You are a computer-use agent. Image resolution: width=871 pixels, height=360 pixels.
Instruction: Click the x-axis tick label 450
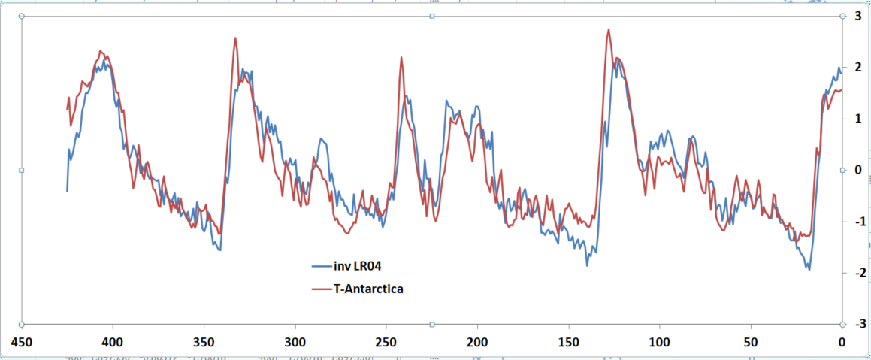22,343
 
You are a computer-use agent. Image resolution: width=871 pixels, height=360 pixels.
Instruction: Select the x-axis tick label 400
113,343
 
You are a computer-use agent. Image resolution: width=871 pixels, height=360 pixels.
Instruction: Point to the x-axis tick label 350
204,343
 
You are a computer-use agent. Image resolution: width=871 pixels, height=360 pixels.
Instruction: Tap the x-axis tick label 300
295,343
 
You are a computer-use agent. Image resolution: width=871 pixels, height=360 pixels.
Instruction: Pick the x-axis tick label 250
386,343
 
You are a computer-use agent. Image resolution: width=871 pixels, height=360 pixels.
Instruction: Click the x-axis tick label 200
477,343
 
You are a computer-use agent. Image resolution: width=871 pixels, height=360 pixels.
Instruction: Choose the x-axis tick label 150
569,343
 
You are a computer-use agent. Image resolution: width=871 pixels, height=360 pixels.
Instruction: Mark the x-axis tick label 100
660,343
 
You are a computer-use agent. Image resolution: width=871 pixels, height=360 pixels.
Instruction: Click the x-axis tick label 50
751,343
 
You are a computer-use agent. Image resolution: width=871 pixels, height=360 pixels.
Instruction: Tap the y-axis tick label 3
858,16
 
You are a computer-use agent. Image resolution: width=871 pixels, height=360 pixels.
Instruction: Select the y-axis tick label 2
858,68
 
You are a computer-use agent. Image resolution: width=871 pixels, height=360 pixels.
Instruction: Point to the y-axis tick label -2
857,273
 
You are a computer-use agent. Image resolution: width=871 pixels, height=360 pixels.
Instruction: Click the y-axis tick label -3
857,324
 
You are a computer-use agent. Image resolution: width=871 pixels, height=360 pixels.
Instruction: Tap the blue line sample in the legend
322,265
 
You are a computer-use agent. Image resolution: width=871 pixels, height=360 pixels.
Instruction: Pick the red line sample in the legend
322,288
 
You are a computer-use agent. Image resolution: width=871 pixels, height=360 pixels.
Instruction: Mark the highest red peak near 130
608,30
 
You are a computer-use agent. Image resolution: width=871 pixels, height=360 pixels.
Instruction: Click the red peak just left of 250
401,57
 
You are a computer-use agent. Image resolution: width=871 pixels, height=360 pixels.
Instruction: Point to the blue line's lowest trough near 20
809,269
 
